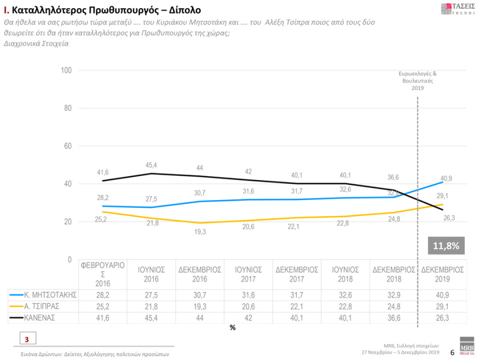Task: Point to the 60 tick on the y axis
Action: click(x=68, y=146)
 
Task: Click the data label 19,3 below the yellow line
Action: click(x=200, y=232)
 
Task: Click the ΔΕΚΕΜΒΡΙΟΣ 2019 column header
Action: click(x=442, y=274)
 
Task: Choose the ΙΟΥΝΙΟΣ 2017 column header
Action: click(x=248, y=274)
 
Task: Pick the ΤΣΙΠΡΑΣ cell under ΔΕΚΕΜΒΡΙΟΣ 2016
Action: click(x=200, y=305)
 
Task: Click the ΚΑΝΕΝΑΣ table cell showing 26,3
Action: click(x=442, y=316)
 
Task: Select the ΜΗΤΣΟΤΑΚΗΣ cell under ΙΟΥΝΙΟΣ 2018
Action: click(x=345, y=295)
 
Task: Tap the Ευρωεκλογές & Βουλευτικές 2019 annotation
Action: click(x=418, y=80)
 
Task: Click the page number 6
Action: click(x=452, y=353)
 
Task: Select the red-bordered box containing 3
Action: click(x=27, y=339)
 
